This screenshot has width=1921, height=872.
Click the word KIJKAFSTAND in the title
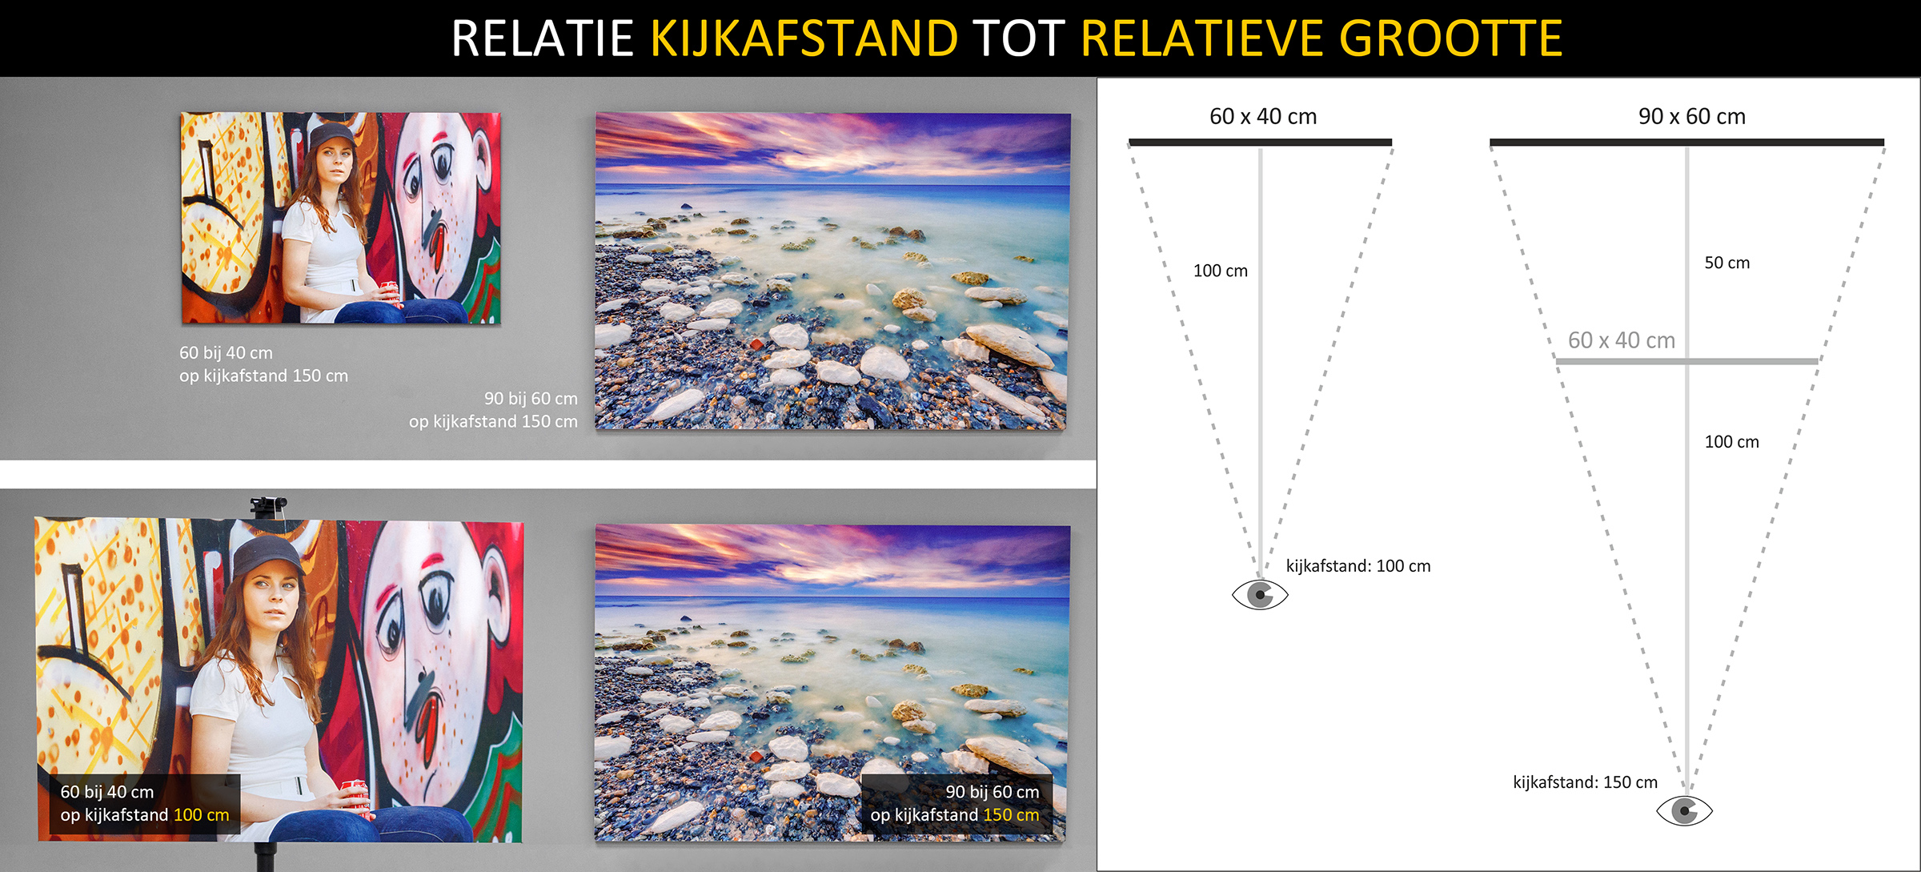coord(804,38)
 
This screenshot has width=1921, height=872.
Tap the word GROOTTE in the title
coord(1450,38)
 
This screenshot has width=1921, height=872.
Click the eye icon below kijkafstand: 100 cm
coord(1260,595)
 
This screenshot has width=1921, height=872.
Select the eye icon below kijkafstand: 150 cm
coord(1684,811)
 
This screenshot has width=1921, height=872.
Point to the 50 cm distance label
coord(1727,263)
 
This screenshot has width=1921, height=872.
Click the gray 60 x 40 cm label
coord(1621,340)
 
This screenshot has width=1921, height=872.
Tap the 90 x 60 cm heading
coord(1691,116)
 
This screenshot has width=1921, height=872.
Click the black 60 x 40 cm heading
coord(1263,116)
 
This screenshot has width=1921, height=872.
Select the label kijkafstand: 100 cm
coord(1358,566)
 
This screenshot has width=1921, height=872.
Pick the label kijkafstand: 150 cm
coord(1585,782)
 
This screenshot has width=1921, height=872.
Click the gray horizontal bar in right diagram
coord(1686,362)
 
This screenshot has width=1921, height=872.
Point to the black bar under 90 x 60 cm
coord(1686,143)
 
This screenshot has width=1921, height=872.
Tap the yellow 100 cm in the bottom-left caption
coord(202,815)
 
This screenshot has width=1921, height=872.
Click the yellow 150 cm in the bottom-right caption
coord(1011,815)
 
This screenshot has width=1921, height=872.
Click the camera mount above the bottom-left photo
coord(268,506)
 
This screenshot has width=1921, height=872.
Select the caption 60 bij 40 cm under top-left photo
coord(226,353)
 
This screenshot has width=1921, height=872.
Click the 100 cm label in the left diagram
coord(1221,271)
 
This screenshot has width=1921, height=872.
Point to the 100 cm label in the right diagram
coord(1732,442)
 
